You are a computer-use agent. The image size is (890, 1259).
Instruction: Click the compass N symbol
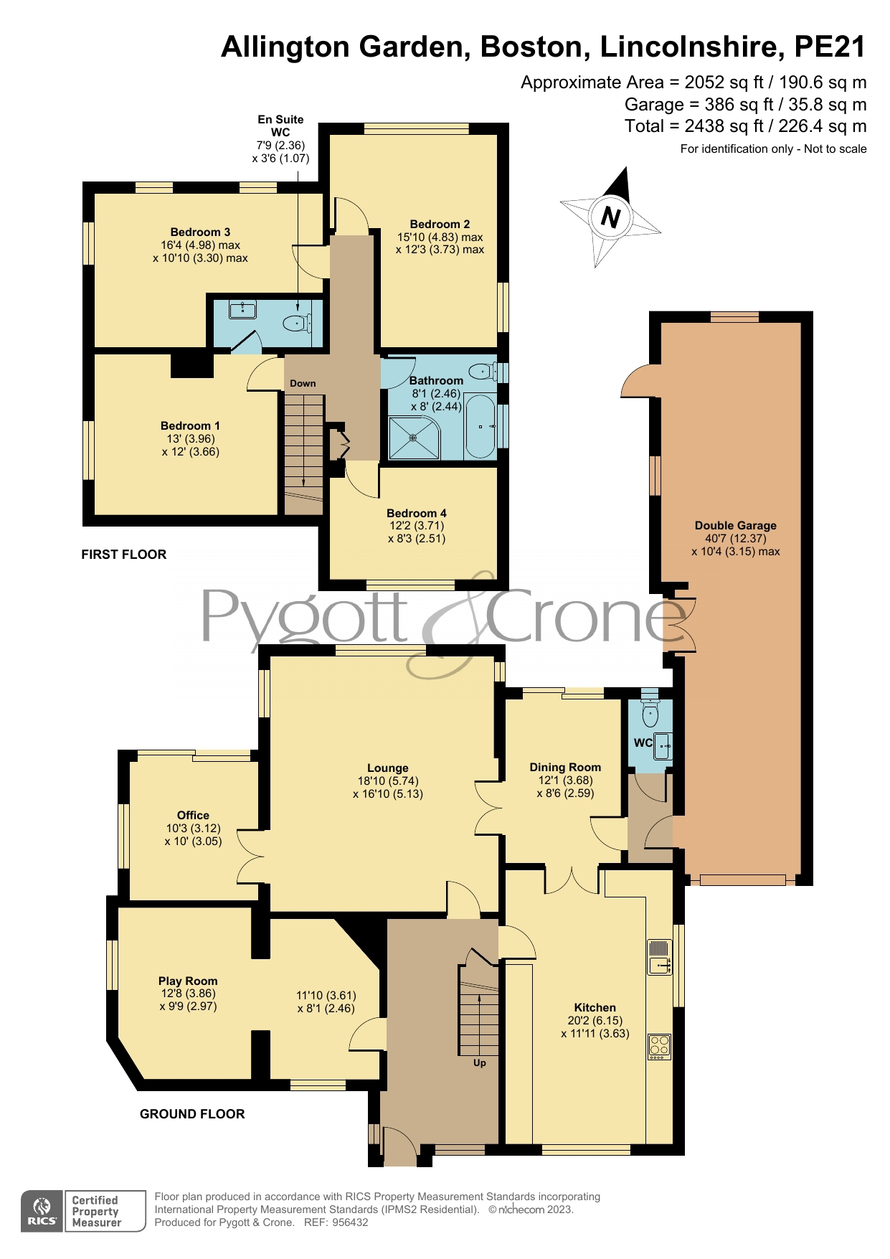610,217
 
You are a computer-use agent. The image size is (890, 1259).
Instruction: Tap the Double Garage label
736,525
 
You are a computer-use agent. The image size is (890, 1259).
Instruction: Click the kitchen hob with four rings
659,1045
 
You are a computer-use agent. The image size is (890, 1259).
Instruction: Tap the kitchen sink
659,957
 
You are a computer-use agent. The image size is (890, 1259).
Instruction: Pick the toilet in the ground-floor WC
650,709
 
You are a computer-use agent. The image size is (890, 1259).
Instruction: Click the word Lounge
388,768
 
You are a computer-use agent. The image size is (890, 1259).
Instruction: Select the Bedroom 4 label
417,513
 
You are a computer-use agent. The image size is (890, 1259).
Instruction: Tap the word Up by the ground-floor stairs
480,1062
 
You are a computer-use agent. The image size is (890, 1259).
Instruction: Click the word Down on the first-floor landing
303,383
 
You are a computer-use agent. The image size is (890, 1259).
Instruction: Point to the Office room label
193,815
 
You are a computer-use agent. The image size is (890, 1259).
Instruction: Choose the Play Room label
188,981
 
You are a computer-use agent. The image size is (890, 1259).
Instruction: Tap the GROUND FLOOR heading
192,1113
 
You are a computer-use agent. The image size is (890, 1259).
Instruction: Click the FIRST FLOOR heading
124,554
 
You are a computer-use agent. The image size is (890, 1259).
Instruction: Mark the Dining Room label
565,767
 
